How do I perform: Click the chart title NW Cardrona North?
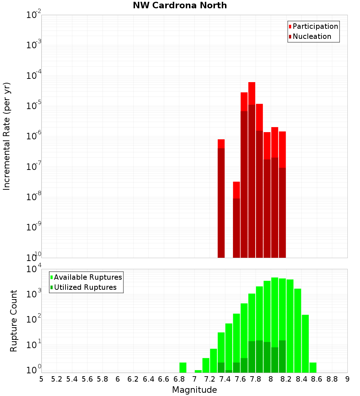[180, 5]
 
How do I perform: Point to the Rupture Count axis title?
[14, 321]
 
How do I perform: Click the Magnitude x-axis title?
[194, 390]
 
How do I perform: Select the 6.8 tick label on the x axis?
[179, 379]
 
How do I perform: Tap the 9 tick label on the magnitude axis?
[347, 379]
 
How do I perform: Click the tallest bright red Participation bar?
[252, 94]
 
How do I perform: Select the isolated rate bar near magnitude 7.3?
[221, 198]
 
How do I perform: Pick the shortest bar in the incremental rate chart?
[237, 220]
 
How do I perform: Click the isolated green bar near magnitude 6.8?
[183, 367]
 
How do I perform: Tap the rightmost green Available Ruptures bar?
[313, 367]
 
